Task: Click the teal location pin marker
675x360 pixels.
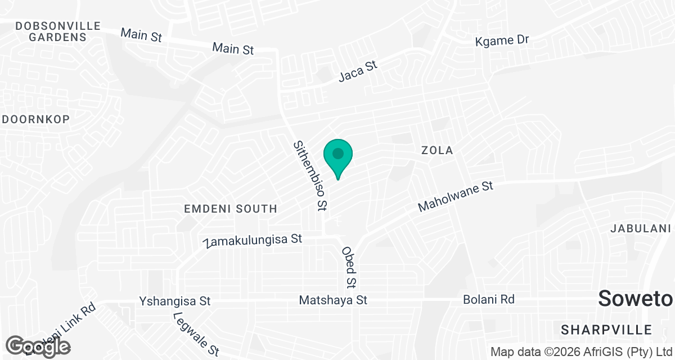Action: pos(337,155)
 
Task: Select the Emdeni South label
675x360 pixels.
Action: pos(231,209)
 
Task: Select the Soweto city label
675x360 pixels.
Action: pos(636,299)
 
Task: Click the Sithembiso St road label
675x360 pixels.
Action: pos(310,175)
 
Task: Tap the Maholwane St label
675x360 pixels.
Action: pos(456,196)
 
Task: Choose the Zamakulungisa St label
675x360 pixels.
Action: pos(254,240)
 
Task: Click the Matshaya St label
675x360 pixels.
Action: pos(333,300)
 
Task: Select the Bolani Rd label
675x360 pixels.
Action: pos(488,299)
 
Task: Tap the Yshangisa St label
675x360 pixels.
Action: pos(174,301)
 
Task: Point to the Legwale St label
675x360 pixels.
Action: pos(195,335)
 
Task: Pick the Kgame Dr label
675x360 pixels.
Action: pos(502,40)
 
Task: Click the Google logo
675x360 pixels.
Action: pos(39,346)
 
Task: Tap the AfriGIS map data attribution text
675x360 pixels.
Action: pos(582,352)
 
